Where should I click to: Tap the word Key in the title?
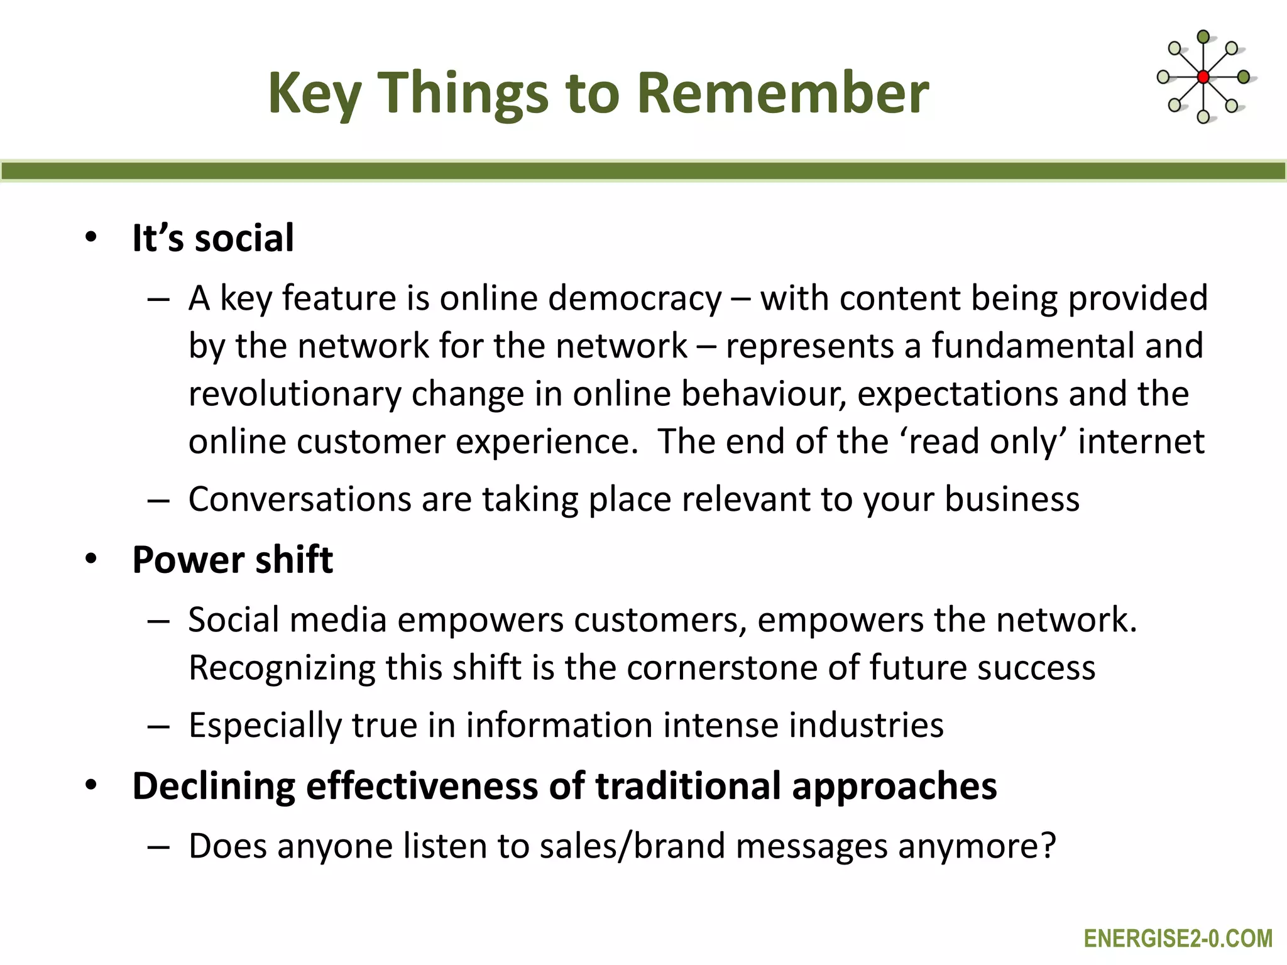[314, 94]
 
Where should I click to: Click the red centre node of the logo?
[1203, 77]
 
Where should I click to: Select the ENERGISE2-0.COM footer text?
[1178, 939]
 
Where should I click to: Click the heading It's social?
[213, 238]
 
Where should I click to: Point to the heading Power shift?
[233, 559]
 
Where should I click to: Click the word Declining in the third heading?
[214, 787]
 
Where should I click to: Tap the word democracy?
[635, 298]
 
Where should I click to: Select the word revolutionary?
[294, 395]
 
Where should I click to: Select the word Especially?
[265, 726]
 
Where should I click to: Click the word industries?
[867, 725]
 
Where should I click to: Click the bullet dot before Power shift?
[92, 559]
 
